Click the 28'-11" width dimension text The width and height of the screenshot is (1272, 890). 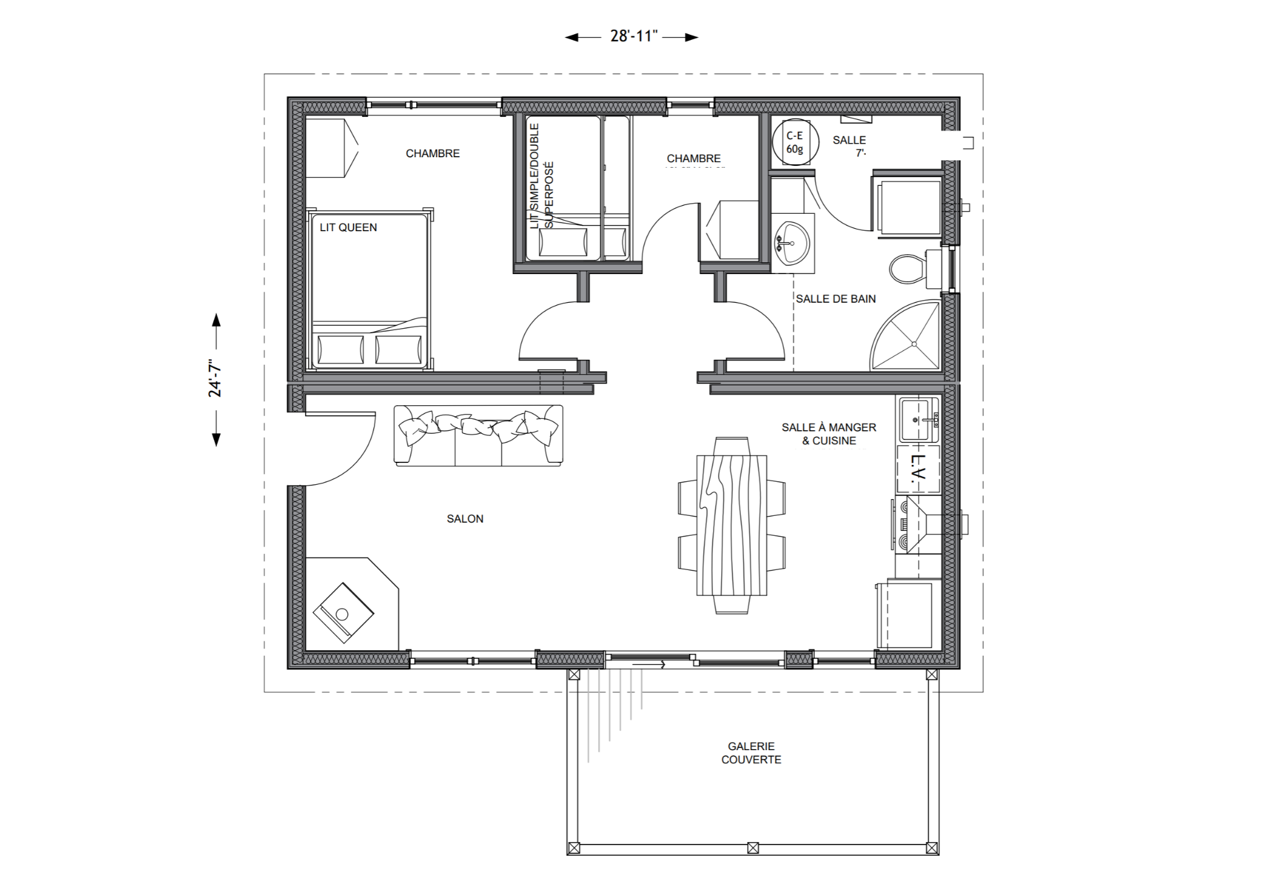pos(633,36)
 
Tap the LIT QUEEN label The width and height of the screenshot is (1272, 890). pos(348,227)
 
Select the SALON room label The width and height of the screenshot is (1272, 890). pos(465,519)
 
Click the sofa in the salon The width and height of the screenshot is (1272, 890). pos(478,436)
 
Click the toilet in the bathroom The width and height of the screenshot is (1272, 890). pos(909,269)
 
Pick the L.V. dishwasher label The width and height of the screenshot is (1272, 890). pos(918,469)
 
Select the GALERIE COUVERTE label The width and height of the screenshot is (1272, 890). pos(751,753)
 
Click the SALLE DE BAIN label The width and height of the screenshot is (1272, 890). pos(835,299)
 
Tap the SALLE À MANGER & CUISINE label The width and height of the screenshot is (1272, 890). pos(829,434)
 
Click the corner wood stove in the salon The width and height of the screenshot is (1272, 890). pos(343,613)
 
